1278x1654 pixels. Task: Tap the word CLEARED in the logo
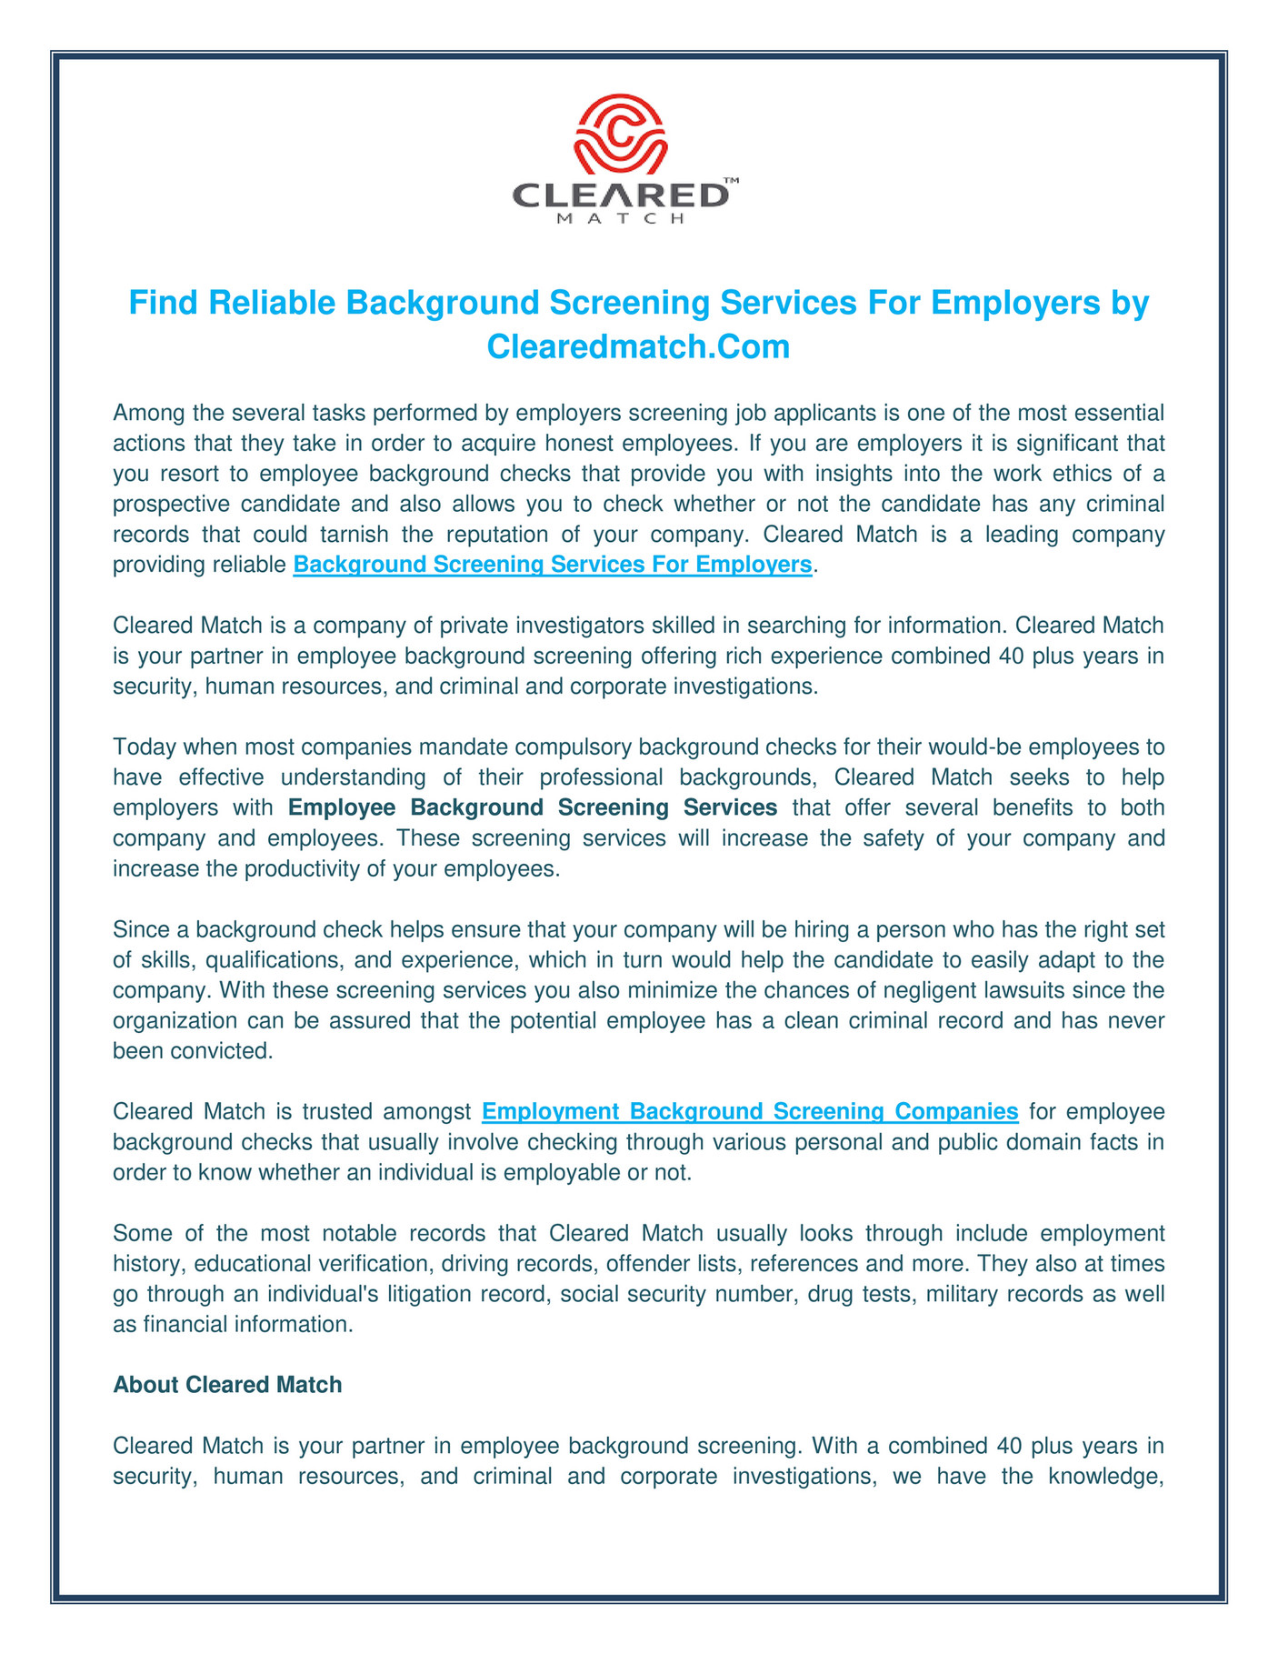(620, 195)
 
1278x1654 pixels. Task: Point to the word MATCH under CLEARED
(620, 219)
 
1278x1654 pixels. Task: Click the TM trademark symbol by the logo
(731, 181)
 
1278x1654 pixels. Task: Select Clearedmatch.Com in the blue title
(638, 346)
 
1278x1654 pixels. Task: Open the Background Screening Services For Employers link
(552, 565)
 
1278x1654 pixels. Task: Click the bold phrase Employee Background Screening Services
(533, 807)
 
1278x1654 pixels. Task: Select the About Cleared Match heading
(227, 1385)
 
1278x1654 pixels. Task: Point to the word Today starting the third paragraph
(141, 747)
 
